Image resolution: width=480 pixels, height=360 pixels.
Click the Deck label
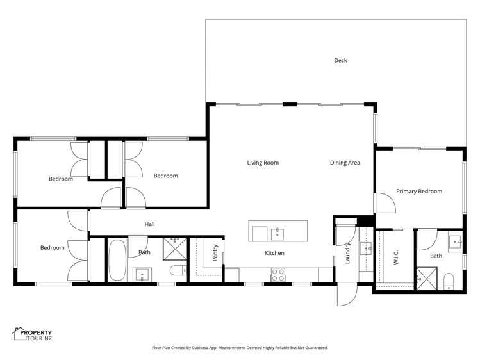[340, 61]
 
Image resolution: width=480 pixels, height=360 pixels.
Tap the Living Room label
[263, 163]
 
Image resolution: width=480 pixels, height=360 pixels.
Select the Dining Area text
[345, 163]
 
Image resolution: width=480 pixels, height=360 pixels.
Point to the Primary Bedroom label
[419, 191]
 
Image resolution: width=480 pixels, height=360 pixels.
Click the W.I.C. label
[396, 258]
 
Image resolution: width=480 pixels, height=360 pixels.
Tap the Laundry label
[348, 254]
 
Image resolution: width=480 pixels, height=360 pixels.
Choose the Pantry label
[215, 253]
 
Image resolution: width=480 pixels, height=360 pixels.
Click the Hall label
[149, 224]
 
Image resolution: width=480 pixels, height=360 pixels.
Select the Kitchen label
[275, 253]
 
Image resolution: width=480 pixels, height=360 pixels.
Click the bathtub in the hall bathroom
[117, 259]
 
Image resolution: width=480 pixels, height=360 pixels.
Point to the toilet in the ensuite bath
[449, 281]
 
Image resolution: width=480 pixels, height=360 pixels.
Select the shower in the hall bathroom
[174, 246]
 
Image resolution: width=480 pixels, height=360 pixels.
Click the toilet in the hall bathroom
[175, 274]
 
